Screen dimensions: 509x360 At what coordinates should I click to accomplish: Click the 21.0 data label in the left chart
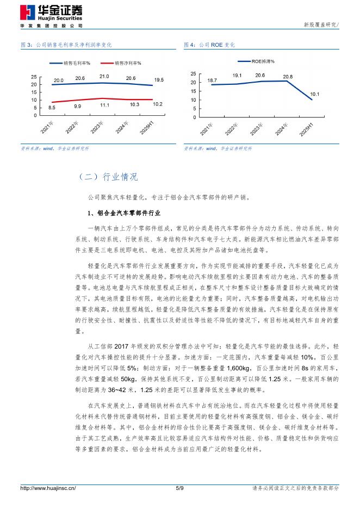(104, 77)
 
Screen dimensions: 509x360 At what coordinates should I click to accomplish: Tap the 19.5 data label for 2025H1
(159, 80)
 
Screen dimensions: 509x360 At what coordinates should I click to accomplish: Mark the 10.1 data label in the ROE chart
(315, 94)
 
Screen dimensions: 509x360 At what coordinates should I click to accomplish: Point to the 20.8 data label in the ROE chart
(288, 77)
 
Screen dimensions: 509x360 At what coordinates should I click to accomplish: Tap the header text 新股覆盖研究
(320, 25)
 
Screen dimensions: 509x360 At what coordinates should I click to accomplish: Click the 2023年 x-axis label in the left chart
(97, 129)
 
